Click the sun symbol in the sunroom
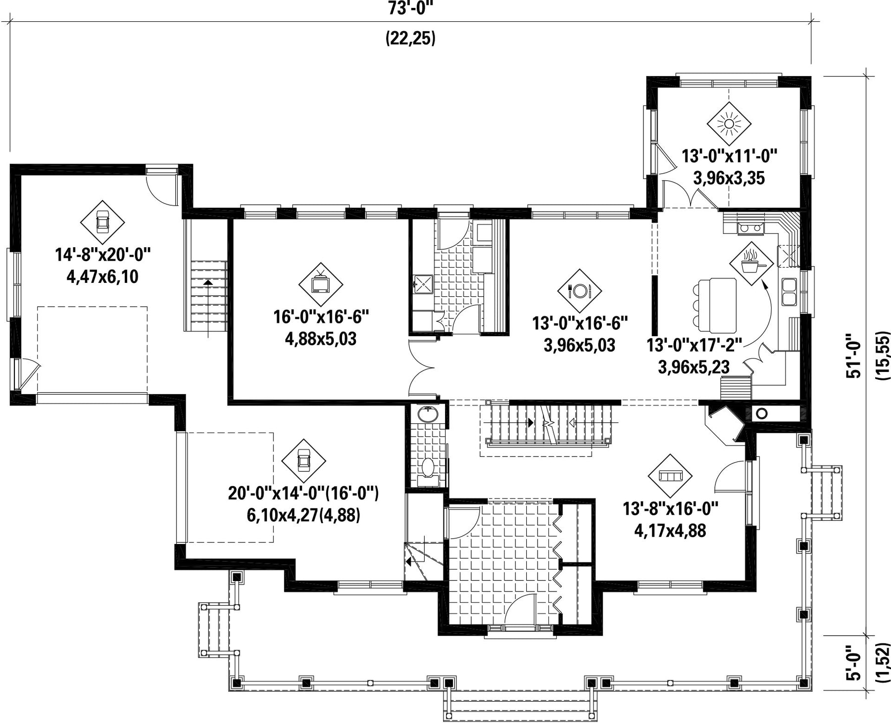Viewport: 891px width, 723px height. [x=729, y=124]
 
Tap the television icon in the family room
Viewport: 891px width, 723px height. [x=321, y=284]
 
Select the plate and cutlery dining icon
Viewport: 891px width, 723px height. [x=580, y=291]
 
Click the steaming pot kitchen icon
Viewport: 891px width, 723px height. [x=751, y=263]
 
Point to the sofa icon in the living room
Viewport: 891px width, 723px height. [x=670, y=476]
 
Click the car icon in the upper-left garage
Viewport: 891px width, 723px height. [x=102, y=222]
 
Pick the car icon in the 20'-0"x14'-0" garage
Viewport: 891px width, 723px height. [x=303, y=461]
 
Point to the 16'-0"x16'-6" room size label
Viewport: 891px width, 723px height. [x=321, y=316]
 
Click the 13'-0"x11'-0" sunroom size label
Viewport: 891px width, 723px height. [x=729, y=156]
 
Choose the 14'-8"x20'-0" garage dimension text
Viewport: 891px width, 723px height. [x=102, y=255]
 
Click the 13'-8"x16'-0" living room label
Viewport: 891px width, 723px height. [x=670, y=508]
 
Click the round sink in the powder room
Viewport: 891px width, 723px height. [x=427, y=414]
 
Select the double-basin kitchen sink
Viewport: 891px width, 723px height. [x=789, y=292]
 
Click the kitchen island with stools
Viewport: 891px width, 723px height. [x=715, y=305]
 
